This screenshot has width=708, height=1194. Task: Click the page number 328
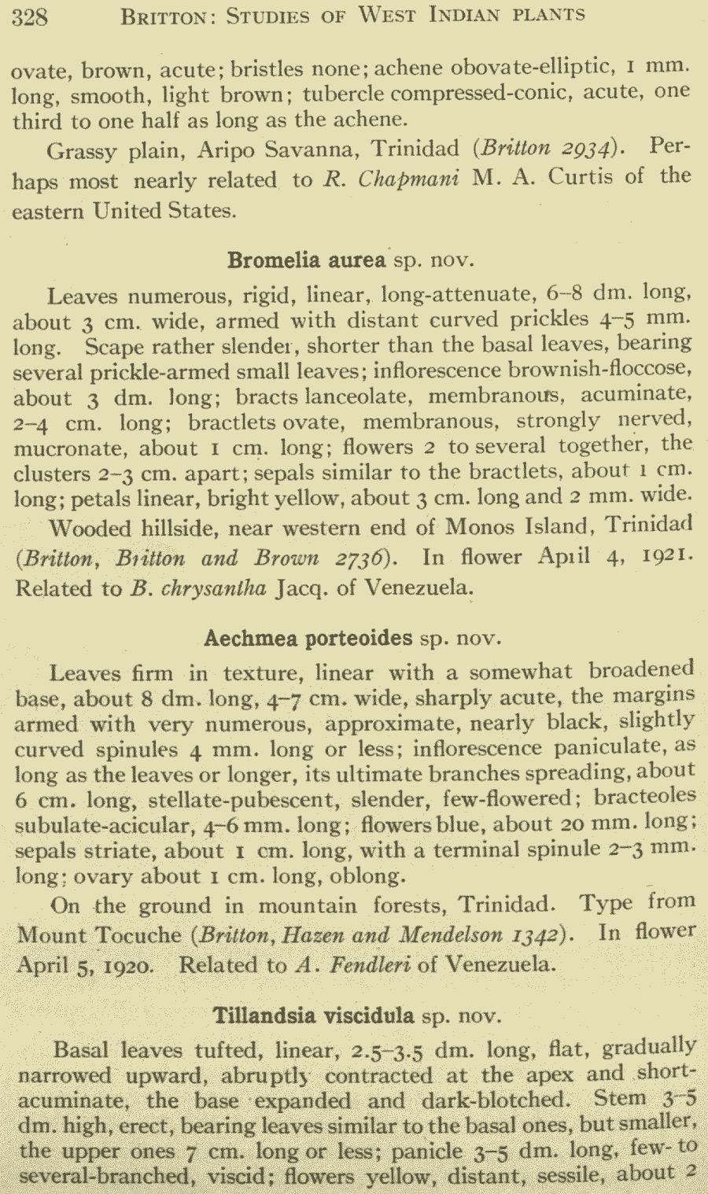pyautogui.click(x=30, y=16)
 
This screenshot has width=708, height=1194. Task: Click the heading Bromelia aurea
pyautogui.click(x=307, y=260)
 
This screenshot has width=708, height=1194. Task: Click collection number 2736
pyautogui.click(x=363, y=558)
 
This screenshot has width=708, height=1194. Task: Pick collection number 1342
pyautogui.click(x=534, y=935)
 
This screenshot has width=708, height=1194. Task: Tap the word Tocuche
pyautogui.click(x=140, y=935)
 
